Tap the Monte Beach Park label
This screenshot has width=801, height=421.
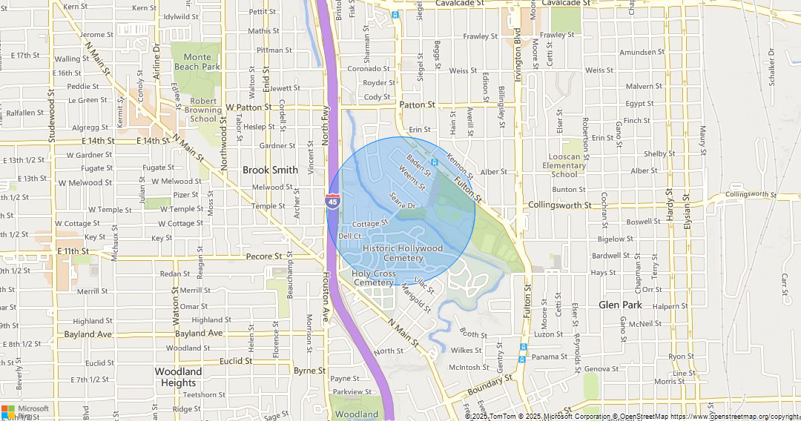197,62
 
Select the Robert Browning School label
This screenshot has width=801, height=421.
204,110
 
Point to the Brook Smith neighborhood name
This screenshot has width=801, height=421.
270,170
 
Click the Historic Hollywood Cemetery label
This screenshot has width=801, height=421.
403,253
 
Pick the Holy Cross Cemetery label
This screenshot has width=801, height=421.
373,278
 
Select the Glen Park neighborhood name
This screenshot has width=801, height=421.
620,305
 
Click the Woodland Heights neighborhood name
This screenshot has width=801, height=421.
178,377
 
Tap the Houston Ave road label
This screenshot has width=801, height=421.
325,299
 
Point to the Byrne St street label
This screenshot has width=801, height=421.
309,371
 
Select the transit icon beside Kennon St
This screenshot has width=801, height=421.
434,162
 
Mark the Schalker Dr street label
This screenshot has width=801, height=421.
771,67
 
